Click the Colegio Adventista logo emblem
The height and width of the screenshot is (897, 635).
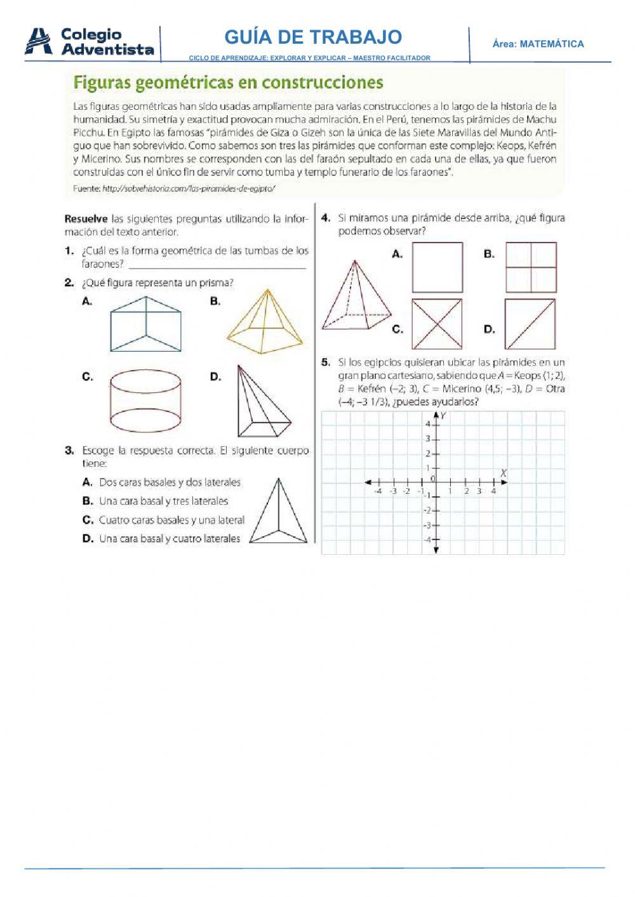[38, 41]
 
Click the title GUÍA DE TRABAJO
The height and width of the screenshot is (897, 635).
[313, 37]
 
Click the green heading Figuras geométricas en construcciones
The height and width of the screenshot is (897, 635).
[228, 83]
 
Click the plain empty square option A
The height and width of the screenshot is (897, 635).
[438, 267]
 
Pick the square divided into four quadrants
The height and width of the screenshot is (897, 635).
[531, 267]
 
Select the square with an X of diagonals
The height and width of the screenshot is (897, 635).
[438, 324]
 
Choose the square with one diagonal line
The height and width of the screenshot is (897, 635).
[531, 324]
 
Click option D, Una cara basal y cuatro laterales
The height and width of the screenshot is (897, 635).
[169, 538]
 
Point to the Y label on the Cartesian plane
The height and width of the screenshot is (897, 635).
[443, 415]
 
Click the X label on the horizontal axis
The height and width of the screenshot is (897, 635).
[503, 473]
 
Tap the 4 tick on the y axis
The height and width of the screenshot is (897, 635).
[429, 424]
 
